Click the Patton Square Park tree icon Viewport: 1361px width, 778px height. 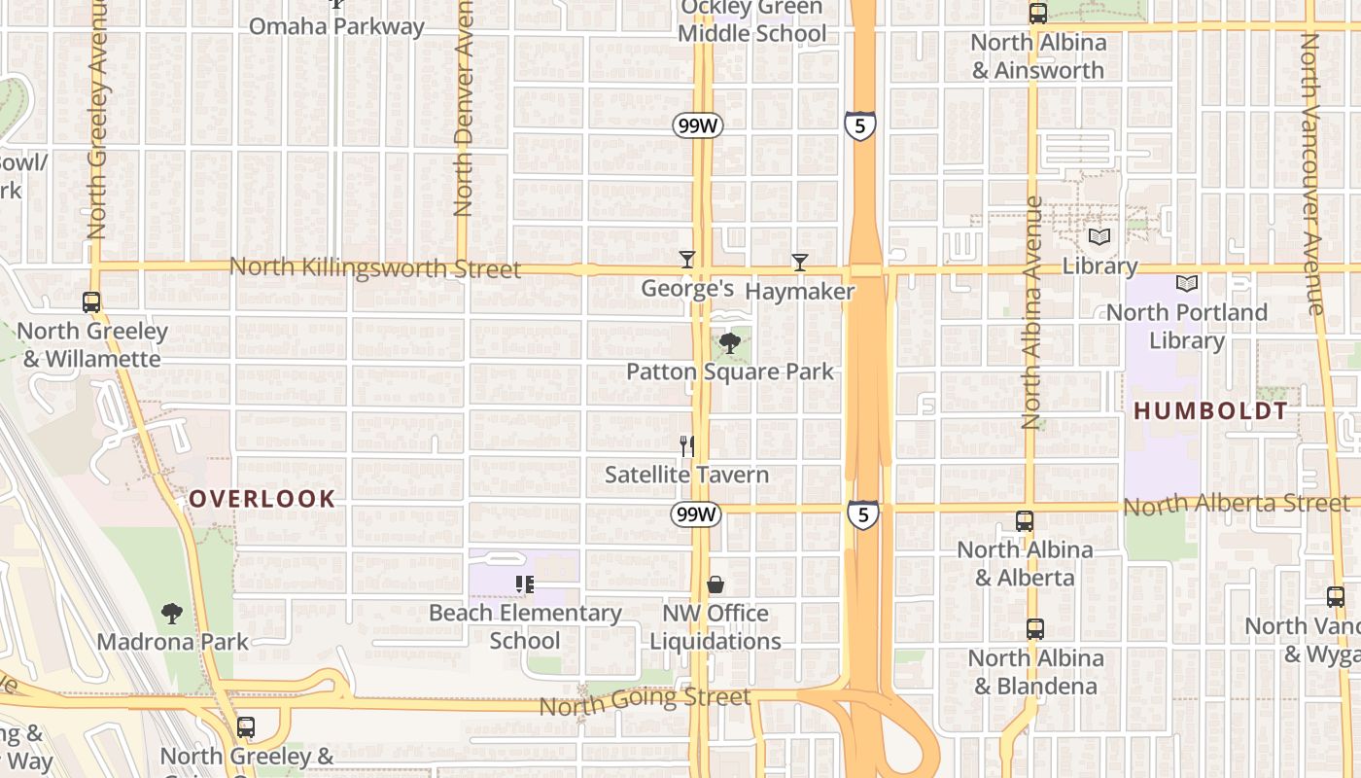click(729, 342)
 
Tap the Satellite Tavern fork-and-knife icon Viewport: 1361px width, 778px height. click(687, 445)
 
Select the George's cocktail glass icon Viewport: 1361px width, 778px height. click(687, 259)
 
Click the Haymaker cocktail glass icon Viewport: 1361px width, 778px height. click(799, 262)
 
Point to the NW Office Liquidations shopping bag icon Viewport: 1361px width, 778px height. click(715, 584)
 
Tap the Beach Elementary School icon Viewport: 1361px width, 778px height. click(525, 584)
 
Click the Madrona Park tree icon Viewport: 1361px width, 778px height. click(172, 613)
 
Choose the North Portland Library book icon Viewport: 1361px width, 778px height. click(1187, 283)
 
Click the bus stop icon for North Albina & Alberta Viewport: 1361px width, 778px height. click(1025, 521)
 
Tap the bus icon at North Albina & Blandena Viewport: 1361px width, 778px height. click(1034, 629)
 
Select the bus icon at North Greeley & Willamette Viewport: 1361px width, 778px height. click(91, 302)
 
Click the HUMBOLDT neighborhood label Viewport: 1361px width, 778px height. click(1210, 410)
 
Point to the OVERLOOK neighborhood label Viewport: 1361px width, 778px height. click(262, 499)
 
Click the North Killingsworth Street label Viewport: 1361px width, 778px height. click(375, 267)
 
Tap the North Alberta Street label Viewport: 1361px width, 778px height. click(1237, 505)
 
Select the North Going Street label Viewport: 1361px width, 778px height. click(645, 700)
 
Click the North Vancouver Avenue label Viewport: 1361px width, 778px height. click(1311, 175)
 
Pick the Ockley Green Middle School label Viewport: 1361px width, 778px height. click(752, 21)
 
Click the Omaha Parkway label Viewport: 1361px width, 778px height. click(336, 26)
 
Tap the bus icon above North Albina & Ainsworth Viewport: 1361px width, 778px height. click(1038, 13)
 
